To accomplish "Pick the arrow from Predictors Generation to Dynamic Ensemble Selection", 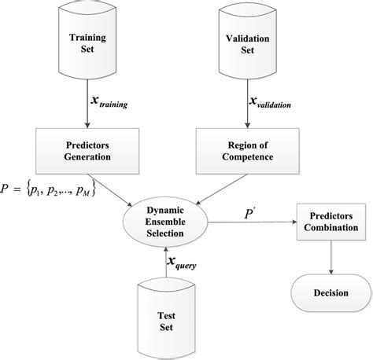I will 115,184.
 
